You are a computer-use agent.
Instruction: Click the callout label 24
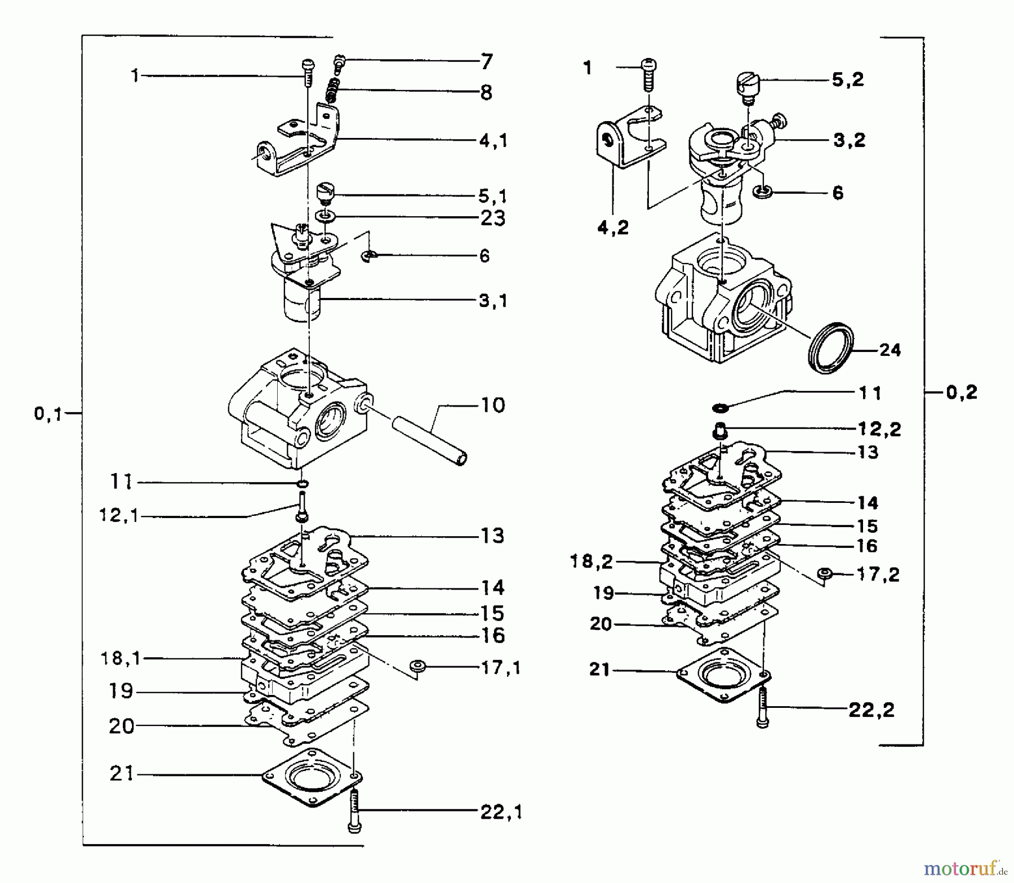click(890, 350)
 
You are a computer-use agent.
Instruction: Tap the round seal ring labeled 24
click(831, 347)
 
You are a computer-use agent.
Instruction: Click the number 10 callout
click(493, 405)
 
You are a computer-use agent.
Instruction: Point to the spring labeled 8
click(333, 91)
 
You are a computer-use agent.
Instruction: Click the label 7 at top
click(487, 61)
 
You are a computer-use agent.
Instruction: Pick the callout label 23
click(492, 218)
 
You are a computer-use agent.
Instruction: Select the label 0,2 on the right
click(962, 393)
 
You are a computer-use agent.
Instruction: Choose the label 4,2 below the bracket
click(612, 228)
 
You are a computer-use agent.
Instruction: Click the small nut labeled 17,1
click(418, 666)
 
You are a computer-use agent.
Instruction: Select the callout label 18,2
click(591, 561)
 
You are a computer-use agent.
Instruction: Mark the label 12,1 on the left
click(118, 515)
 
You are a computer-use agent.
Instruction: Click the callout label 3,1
click(493, 301)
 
